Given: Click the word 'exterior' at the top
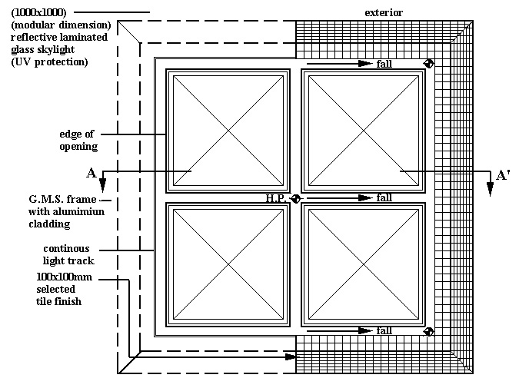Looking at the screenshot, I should [384, 12].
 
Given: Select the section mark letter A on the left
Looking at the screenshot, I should [91, 174].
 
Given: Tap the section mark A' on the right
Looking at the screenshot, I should [503, 175].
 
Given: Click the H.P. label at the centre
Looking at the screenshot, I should [277, 198].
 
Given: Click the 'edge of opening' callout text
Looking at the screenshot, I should [78, 140].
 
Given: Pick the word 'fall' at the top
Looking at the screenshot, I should [384, 64].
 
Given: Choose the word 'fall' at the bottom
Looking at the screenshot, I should [384, 331].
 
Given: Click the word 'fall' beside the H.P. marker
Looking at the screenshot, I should [384, 198].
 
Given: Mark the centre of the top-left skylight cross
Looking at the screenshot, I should [228, 131].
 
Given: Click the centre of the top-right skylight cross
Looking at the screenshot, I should [363, 131].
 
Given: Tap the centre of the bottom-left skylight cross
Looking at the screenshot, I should [228, 264].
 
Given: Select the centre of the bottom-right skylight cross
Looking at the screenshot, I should [363, 264].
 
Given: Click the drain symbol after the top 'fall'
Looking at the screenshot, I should [429, 64].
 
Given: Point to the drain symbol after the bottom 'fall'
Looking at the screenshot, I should [429, 331].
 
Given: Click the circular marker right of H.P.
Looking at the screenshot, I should [296, 198].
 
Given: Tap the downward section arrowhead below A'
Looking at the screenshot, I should [490, 192].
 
